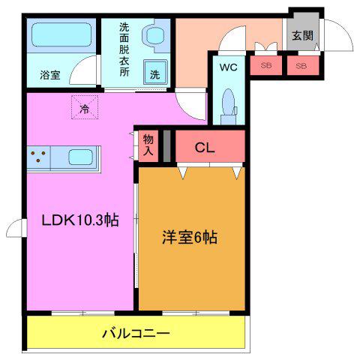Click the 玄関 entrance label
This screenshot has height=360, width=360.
point(302,35)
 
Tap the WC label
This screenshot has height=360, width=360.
point(229,67)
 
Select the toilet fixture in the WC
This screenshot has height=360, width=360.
point(229,106)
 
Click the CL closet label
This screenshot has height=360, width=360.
point(205,148)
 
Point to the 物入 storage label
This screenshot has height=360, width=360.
point(148,145)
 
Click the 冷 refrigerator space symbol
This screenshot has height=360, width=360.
point(85,107)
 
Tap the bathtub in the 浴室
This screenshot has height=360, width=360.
point(61,34)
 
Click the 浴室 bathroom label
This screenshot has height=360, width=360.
point(50,75)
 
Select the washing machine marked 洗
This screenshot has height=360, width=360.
point(155,72)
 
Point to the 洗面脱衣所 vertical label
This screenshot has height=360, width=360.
point(124,49)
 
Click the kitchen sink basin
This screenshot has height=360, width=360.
point(80,157)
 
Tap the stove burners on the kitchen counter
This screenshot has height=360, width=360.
point(38,156)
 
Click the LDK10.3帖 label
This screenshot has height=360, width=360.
point(80,220)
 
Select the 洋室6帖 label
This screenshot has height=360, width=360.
point(190,238)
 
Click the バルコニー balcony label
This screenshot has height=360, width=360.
point(136,333)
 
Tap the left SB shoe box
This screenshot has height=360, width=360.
point(266,65)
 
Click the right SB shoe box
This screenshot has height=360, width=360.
point(303,65)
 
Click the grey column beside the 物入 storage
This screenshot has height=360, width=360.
point(167,146)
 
